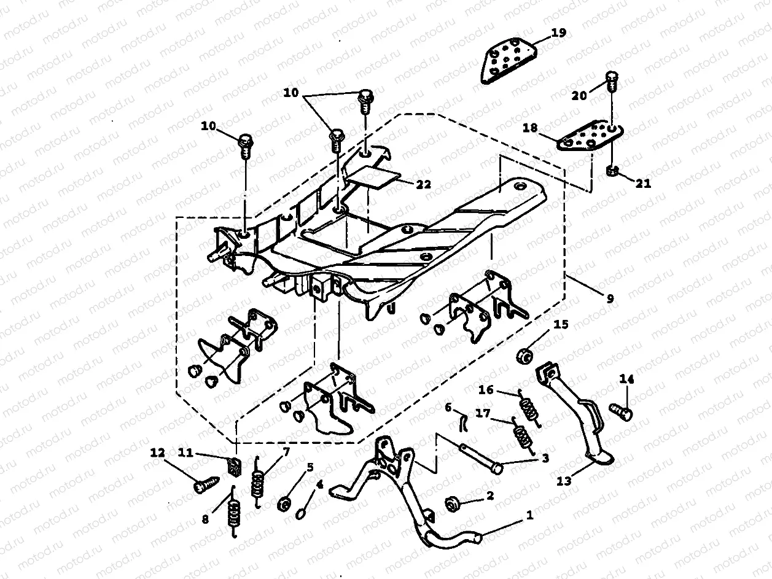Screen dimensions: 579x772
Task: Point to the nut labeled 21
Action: click(x=612, y=170)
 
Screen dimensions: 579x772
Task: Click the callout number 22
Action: click(x=423, y=184)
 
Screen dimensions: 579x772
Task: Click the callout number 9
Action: click(x=609, y=299)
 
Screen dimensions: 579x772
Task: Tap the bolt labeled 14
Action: click(x=622, y=411)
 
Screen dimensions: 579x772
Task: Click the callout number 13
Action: click(x=564, y=481)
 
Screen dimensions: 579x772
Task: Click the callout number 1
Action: click(x=529, y=516)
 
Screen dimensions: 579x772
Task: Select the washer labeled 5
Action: click(x=285, y=505)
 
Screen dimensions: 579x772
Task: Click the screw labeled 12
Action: click(x=203, y=486)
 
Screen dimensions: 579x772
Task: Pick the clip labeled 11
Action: click(x=234, y=467)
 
